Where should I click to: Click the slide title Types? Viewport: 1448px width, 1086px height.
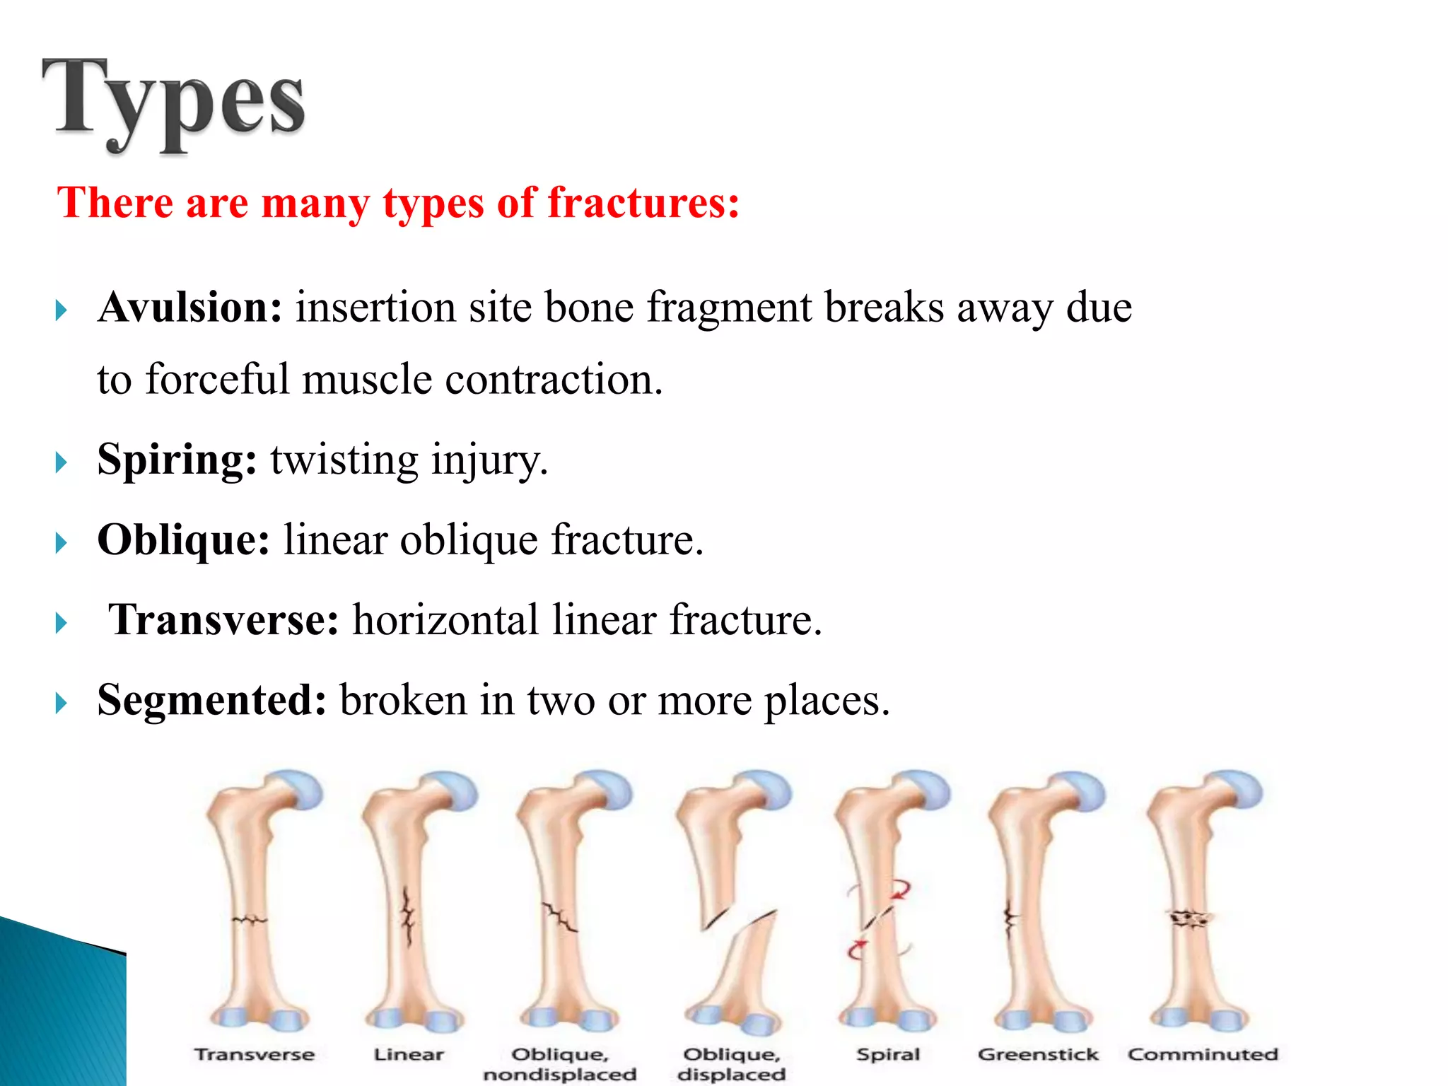point(173,103)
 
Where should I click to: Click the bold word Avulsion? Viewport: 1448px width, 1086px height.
point(189,308)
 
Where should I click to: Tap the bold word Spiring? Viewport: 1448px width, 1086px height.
point(177,460)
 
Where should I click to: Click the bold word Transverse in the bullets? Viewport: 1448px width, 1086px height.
point(223,620)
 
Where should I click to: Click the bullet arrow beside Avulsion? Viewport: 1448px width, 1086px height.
point(62,310)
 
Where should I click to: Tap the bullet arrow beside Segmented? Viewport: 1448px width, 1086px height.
point(62,703)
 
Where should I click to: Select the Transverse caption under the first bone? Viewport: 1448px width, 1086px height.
point(255,1054)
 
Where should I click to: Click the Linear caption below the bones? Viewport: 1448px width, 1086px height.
point(409,1054)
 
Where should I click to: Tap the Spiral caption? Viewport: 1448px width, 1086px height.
point(888,1054)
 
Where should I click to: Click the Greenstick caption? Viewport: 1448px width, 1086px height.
point(1038,1054)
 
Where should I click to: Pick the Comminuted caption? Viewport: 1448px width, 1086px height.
point(1203,1054)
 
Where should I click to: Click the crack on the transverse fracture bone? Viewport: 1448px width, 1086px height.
point(250,920)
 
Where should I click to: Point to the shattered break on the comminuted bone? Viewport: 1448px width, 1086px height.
point(1190,918)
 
